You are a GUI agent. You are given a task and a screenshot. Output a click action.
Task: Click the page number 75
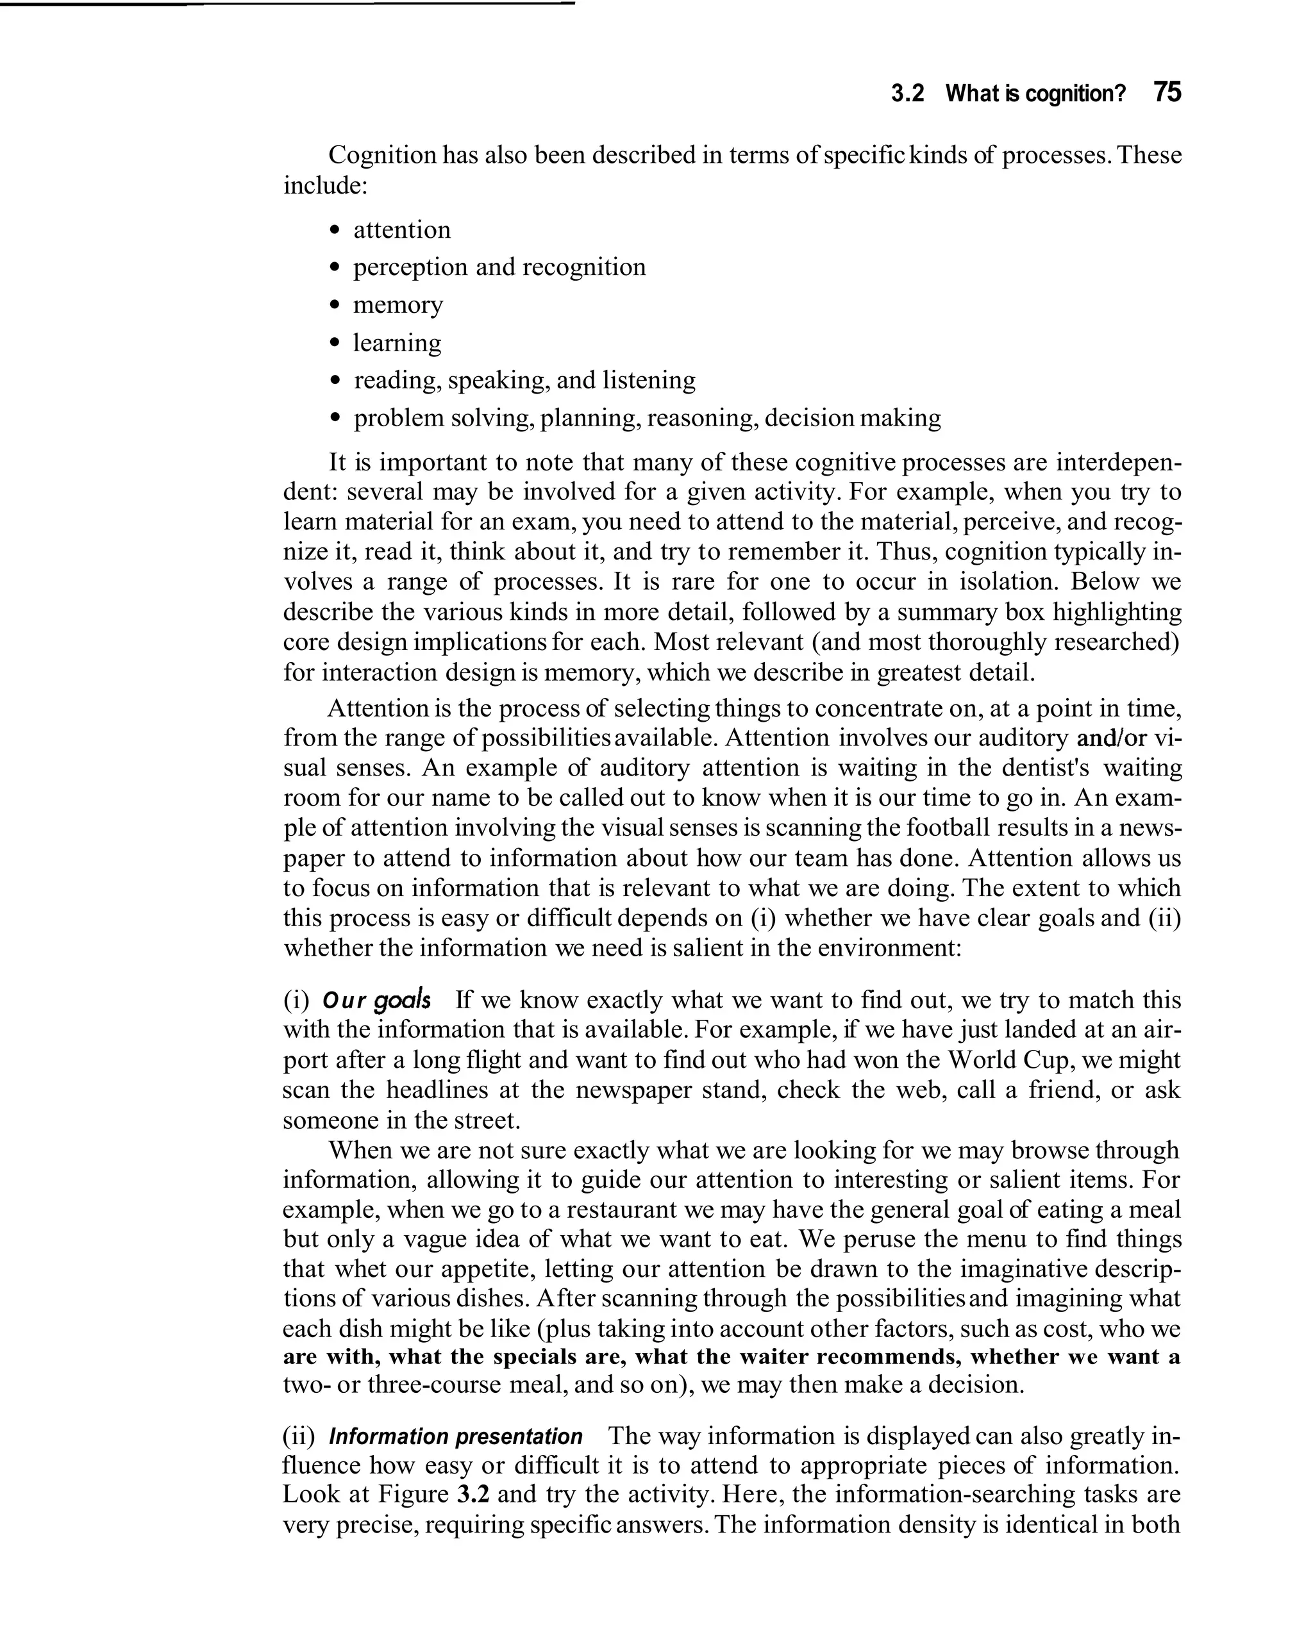(x=1167, y=92)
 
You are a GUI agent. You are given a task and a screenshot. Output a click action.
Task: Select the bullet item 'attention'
(x=402, y=230)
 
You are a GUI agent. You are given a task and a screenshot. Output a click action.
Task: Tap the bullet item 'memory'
(x=397, y=305)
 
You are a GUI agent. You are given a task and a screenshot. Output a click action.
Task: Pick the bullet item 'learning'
(x=396, y=343)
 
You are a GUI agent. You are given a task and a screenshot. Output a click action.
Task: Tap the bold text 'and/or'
(x=1111, y=738)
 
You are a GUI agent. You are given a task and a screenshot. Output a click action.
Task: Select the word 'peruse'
(x=879, y=1240)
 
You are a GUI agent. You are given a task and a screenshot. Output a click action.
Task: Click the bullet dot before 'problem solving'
(x=334, y=419)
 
